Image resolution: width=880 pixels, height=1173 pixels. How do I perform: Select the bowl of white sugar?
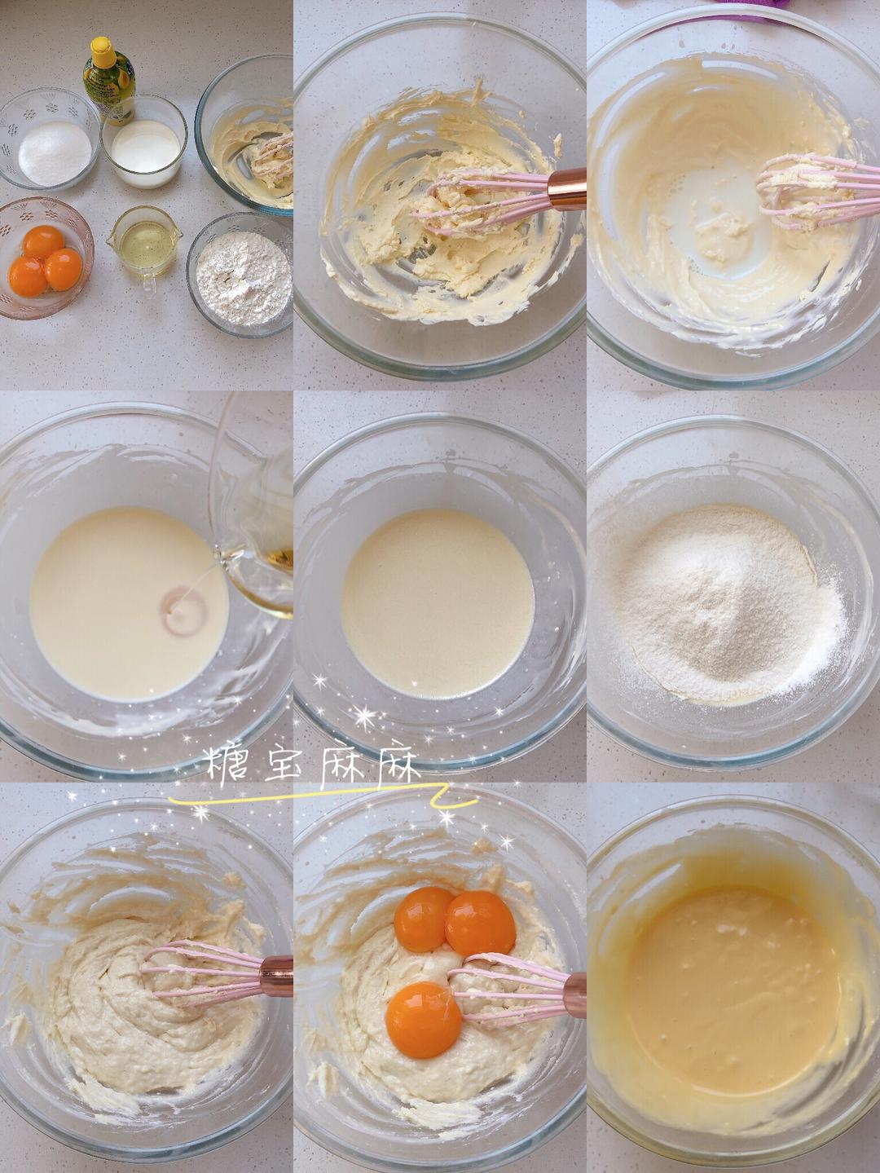tap(54, 152)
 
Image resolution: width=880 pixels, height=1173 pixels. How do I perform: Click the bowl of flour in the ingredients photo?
tap(242, 277)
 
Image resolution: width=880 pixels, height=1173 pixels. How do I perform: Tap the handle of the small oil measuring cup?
tap(147, 281)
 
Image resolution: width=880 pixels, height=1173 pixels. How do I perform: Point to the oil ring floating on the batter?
tap(181, 608)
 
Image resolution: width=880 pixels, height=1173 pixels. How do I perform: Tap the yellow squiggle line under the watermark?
tap(326, 800)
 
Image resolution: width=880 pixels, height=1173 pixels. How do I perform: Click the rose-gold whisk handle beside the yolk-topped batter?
tap(574, 994)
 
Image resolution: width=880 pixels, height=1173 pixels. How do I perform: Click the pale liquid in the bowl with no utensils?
tap(437, 603)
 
